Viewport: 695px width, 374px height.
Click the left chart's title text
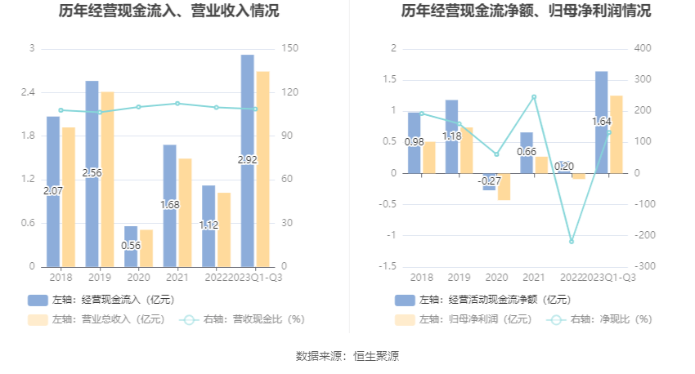click(x=169, y=11)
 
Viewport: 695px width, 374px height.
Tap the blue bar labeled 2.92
click(x=248, y=122)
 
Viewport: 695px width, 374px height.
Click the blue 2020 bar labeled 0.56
click(x=131, y=246)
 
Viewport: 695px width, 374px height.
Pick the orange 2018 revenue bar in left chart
click(x=69, y=196)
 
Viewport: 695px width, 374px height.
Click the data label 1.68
click(x=170, y=205)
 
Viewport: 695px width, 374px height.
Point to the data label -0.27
click(x=489, y=180)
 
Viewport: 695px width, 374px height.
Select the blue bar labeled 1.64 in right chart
click(x=601, y=122)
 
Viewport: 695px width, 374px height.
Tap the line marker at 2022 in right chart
click(x=572, y=242)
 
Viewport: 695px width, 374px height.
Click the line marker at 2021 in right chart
click(x=534, y=97)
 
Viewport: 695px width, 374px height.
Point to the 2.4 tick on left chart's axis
click(x=27, y=92)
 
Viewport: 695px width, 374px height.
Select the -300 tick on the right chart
click(x=644, y=266)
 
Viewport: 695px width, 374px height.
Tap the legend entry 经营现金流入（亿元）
click(x=104, y=300)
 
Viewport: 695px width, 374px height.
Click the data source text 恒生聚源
click(x=376, y=356)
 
